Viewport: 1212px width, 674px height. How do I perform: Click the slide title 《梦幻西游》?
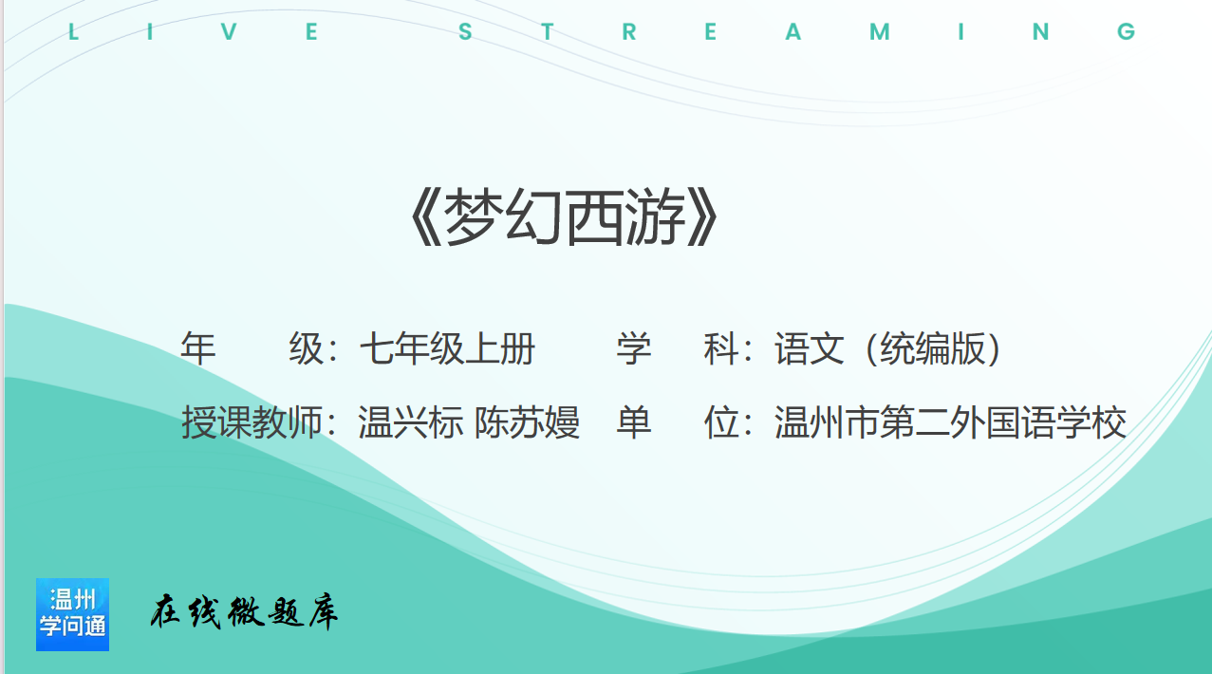coord(565,217)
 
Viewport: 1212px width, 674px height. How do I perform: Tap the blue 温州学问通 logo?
coord(72,614)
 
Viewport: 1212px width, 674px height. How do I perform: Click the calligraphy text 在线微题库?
coord(244,612)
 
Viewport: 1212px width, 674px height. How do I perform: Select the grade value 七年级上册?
coord(447,348)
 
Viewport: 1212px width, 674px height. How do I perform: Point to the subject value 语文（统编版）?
coord(887,348)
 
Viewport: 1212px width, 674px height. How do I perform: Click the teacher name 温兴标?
coord(411,422)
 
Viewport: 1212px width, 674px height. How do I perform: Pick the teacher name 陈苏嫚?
coord(527,422)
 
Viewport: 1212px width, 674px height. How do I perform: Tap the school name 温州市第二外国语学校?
coord(950,422)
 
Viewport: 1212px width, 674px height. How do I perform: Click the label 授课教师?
coord(252,422)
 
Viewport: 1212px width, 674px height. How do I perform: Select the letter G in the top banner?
coord(1126,32)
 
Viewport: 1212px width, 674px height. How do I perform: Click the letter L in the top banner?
coord(74,32)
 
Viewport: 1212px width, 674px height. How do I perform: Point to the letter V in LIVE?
coord(230,32)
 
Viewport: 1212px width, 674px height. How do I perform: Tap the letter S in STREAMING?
coord(465,32)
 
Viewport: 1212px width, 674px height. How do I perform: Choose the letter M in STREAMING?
coord(880,32)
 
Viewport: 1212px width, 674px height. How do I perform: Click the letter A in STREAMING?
coord(793,32)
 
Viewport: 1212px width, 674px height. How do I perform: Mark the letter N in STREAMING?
coord(1041,32)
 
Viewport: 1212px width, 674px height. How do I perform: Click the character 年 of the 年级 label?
coord(198,348)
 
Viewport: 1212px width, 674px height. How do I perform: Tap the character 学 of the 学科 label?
coord(634,348)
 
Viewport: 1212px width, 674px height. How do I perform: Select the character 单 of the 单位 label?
coord(634,422)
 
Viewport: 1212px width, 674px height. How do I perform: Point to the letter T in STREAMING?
coord(548,32)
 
